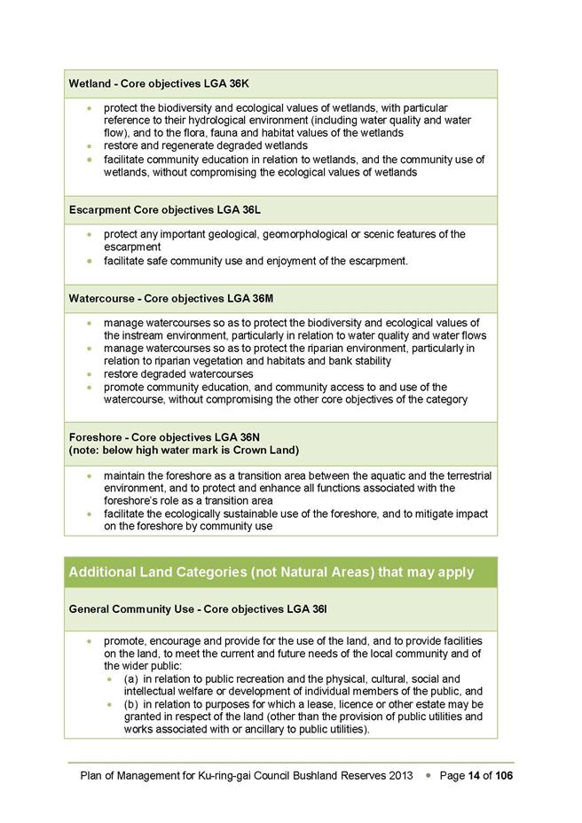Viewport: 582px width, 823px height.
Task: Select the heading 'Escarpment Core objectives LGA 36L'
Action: point(165,209)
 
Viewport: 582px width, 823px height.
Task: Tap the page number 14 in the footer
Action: point(475,775)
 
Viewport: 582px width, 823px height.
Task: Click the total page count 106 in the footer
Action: point(504,775)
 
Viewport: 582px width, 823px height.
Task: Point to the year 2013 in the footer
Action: point(401,775)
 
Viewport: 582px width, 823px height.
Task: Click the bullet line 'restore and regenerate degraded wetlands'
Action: point(206,145)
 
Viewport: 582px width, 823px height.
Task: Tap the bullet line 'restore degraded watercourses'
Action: point(178,374)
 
